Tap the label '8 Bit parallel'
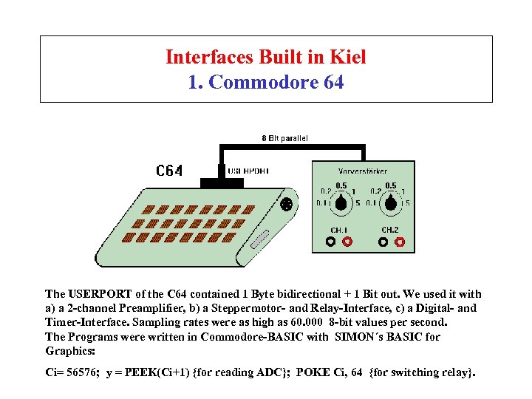285,138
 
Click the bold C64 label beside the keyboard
169,171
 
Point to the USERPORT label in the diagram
248,171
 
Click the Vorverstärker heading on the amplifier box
363,171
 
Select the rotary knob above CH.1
341,202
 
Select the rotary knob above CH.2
391,202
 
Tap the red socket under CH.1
347,240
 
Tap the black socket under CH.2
384,240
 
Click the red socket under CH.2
400,240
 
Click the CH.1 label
338,230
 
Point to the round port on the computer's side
287,204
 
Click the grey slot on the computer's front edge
259,240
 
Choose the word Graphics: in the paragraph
70,350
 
